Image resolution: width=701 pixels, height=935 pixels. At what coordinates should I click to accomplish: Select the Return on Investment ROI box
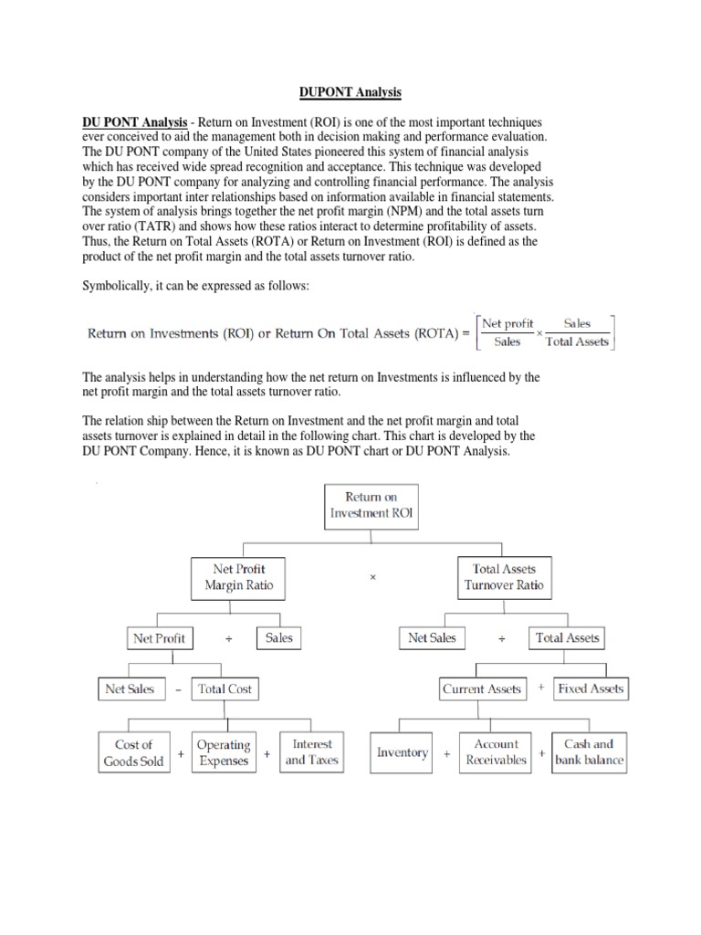(371, 505)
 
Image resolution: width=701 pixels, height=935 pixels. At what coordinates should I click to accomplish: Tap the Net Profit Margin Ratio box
(237, 576)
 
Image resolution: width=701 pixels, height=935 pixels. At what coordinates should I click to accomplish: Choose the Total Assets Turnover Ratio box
(504, 576)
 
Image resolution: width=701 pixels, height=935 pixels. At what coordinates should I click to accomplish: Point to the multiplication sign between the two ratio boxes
(371, 577)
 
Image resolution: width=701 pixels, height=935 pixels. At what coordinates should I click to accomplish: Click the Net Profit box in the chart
(159, 638)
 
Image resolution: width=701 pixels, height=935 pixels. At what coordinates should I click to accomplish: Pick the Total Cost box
(225, 688)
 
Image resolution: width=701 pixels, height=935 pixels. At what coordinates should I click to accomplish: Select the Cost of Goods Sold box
(133, 752)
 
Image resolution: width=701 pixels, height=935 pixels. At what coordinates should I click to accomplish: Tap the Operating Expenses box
(224, 752)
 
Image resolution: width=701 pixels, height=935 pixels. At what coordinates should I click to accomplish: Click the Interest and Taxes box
(311, 751)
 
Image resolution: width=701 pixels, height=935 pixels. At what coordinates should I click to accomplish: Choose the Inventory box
(403, 752)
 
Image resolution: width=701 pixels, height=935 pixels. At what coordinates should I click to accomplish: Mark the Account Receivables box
(496, 751)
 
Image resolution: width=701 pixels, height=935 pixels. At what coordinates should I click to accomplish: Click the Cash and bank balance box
(589, 751)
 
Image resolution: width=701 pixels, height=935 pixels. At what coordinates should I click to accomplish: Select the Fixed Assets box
(591, 688)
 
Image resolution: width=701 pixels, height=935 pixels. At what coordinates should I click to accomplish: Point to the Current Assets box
(481, 689)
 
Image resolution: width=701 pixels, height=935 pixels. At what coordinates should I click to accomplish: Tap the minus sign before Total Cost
(177, 690)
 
